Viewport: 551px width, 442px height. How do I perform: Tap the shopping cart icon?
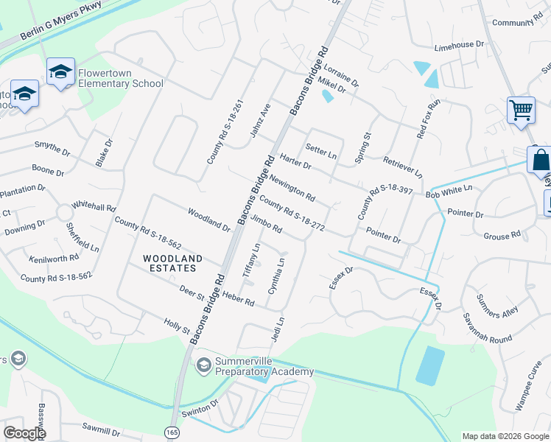(x=521, y=110)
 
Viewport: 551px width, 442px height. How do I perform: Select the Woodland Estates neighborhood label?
(x=172, y=263)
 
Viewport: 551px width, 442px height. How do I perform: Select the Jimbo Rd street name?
(x=266, y=225)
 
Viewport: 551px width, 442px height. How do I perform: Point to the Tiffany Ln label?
(x=252, y=260)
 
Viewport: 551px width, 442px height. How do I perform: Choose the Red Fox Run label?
(x=427, y=119)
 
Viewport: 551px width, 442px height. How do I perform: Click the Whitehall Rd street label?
(x=94, y=207)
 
